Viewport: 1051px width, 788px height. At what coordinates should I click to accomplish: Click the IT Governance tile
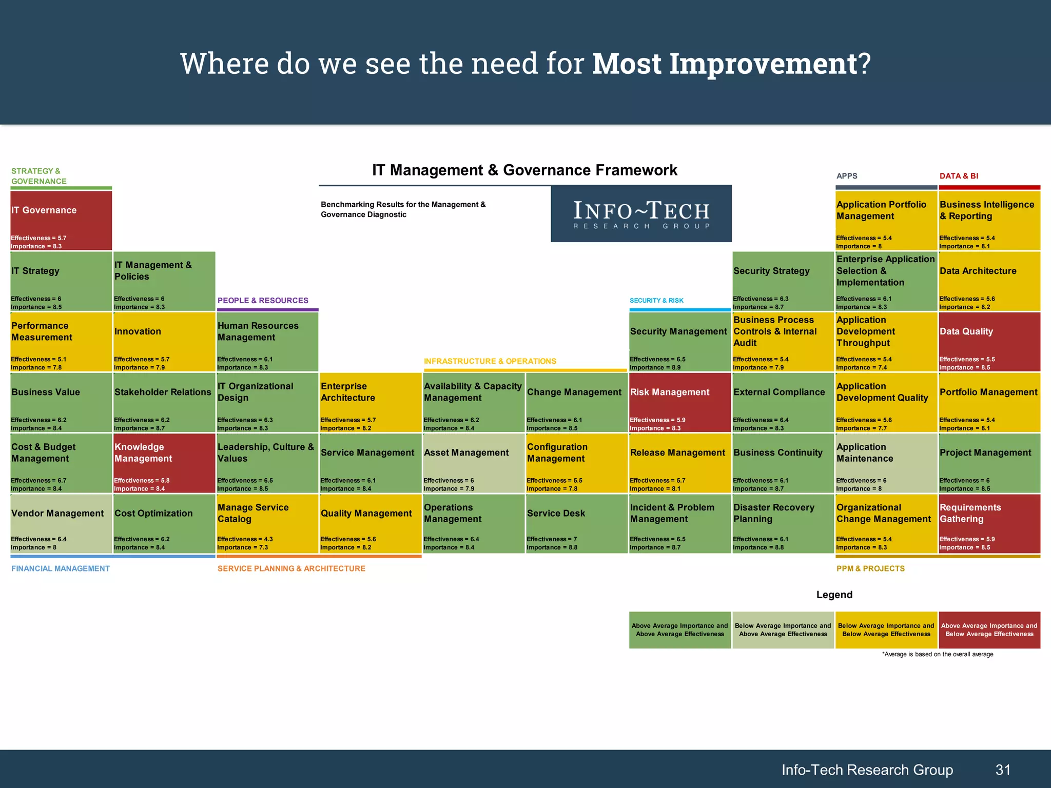61,221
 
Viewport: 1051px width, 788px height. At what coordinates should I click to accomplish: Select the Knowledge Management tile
164,463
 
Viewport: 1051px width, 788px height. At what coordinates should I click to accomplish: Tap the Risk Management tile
679,403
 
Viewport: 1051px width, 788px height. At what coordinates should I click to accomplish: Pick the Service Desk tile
576,524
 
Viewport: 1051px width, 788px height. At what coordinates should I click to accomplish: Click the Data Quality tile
989,342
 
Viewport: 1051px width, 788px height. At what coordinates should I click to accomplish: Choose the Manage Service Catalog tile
267,524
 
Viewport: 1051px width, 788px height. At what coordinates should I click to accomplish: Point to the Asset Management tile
473,463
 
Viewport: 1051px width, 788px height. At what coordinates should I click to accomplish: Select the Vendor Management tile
61,524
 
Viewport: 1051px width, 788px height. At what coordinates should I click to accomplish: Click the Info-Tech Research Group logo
641,214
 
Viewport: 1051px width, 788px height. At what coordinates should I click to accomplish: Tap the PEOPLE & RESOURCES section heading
263,301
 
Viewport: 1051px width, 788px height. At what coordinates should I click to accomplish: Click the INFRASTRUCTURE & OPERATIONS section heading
490,361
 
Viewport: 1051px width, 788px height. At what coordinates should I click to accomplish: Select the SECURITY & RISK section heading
656,301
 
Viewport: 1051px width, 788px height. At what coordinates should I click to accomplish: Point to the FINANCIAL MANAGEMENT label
61,568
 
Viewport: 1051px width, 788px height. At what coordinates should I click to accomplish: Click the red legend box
989,630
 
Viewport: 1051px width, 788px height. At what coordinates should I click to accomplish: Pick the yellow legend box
886,630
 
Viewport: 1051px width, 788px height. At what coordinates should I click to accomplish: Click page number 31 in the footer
1003,770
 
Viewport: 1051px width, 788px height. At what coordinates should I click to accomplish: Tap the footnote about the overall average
937,654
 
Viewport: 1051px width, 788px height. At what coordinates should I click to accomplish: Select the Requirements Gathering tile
989,524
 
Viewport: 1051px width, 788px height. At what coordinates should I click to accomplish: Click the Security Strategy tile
783,281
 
